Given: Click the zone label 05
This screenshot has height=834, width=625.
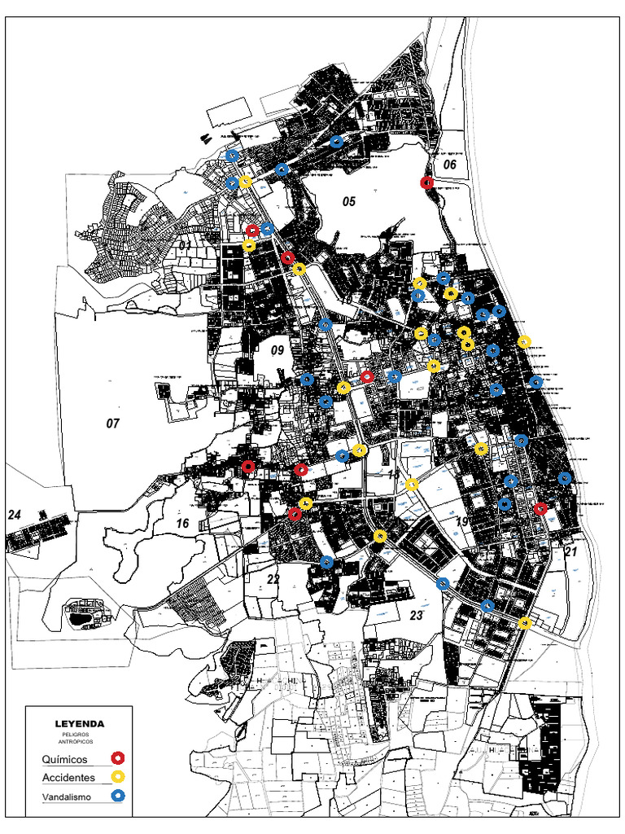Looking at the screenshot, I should point(349,201).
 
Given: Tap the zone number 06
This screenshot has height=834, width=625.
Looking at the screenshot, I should point(450,165).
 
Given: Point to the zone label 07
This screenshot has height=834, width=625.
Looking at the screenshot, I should point(112,423).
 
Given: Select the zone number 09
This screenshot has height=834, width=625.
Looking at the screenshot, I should point(277,351).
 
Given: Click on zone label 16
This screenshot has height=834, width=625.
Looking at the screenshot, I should point(182,523).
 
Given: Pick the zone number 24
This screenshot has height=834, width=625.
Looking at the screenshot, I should point(14,515).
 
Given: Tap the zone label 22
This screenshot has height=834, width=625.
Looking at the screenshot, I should point(273,578).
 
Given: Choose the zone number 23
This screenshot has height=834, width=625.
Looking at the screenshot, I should point(417,616).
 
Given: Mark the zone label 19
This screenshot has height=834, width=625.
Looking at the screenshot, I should point(461,522).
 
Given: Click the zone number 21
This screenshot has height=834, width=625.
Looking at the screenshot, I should point(570,552).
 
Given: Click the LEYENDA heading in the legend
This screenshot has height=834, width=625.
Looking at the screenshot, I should point(79,723).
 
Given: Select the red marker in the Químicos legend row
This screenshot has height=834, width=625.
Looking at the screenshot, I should point(118,759).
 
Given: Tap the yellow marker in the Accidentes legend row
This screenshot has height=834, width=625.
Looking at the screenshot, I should point(118,778).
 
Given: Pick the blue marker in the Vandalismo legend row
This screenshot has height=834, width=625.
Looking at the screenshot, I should point(118,797).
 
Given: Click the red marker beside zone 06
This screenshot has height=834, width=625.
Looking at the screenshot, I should point(426,182).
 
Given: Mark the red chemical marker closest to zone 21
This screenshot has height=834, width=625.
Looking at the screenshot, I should point(541,508).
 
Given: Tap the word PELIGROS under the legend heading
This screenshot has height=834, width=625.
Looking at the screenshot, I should point(79,735).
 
